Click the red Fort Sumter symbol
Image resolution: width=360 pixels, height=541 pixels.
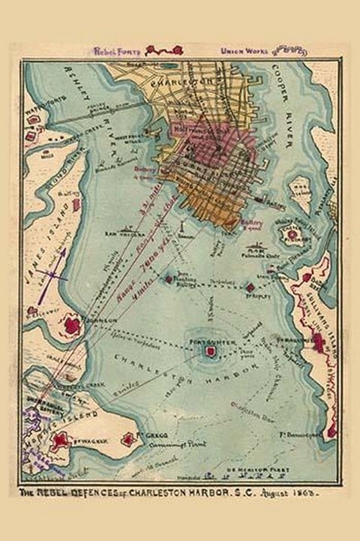[x=205, y=353]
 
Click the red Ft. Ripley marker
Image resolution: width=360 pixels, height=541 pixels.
[x=250, y=287]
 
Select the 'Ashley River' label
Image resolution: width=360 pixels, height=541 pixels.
[x=79, y=113]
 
